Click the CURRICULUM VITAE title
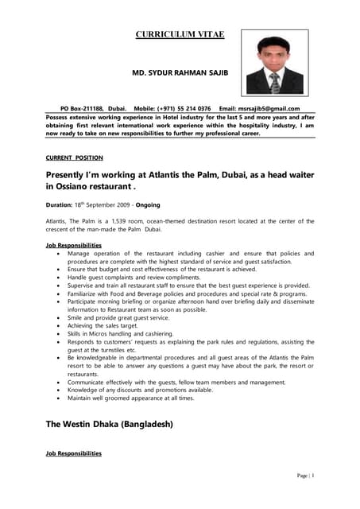[x=180, y=34]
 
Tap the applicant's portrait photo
[x=274, y=64]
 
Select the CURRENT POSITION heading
[x=74, y=157]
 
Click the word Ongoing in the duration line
[x=148, y=204]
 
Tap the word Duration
[x=59, y=204]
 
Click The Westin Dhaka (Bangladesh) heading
[x=109, y=424]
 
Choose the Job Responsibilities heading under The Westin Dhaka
[x=74, y=453]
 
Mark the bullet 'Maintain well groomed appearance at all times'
[x=132, y=398]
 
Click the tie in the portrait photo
[x=274, y=83]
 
